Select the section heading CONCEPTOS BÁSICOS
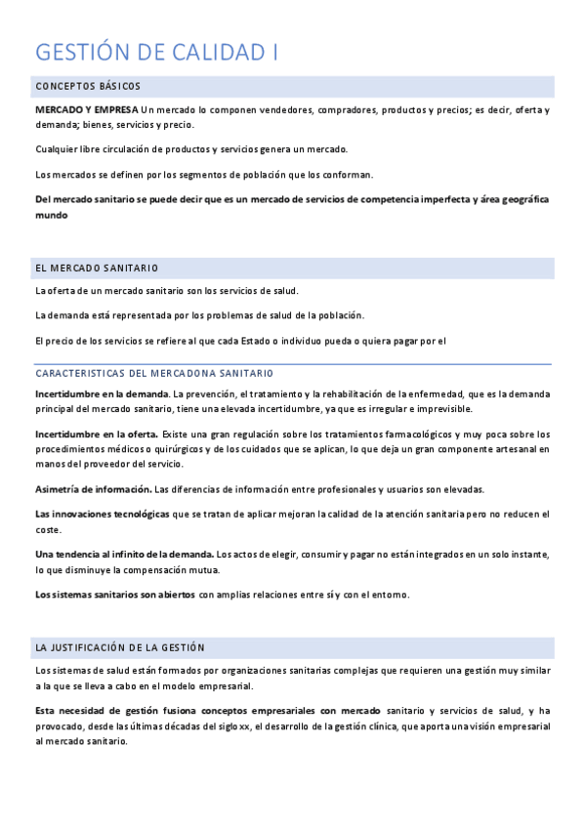(x=88, y=87)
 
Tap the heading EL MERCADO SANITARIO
(x=97, y=268)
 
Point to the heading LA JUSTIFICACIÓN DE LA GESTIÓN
(x=120, y=647)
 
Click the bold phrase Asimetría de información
(x=93, y=489)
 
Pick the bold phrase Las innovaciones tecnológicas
(x=102, y=514)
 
